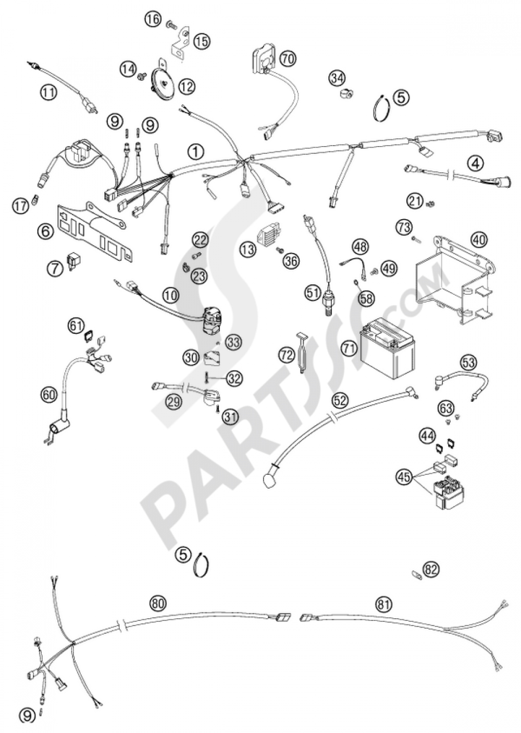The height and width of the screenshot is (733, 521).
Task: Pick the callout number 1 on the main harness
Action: pos(195,152)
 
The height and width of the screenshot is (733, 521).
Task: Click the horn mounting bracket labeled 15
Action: pos(179,42)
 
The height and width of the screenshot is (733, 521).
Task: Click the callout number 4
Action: pos(475,163)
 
